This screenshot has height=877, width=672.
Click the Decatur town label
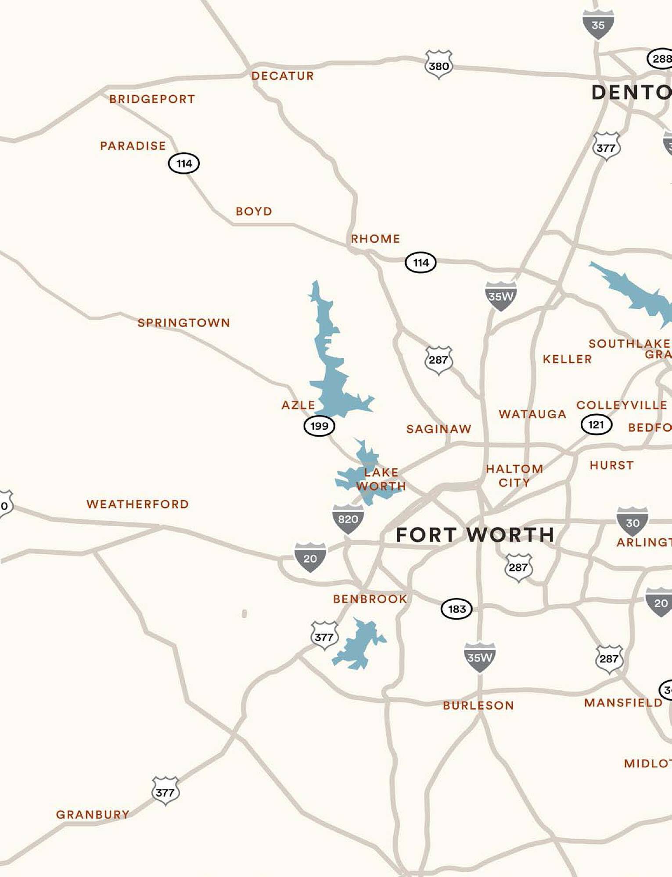tap(282, 76)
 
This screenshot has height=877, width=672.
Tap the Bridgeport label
tap(152, 99)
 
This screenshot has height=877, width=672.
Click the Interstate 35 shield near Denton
tap(598, 25)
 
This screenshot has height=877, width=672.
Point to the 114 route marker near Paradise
tap(184, 164)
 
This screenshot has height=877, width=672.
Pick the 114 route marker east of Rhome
tap(420, 263)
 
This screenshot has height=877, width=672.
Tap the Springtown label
tap(184, 323)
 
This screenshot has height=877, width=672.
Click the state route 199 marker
tap(319, 426)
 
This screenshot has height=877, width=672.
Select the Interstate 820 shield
tap(348, 519)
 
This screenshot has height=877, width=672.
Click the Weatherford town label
tap(137, 504)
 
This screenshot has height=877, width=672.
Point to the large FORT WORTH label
tap(475, 535)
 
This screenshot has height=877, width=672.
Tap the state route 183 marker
tap(456, 609)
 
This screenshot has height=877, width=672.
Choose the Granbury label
tap(93, 815)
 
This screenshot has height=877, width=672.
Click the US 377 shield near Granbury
tap(165, 791)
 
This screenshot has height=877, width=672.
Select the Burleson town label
tap(478, 706)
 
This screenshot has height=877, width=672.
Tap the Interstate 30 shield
tap(632, 522)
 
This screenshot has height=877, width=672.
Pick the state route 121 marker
tap(596, 424)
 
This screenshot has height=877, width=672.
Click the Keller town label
tap(567, 359)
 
